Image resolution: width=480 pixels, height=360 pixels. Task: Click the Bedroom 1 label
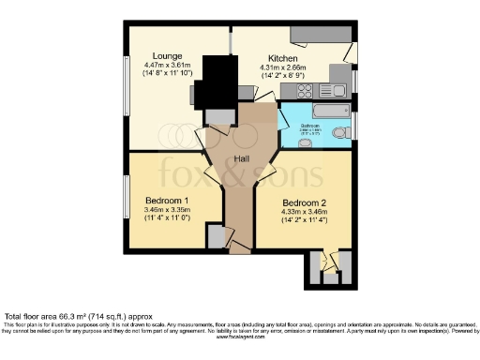[168, 201]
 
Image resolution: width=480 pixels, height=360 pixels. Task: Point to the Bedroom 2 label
[305, 202]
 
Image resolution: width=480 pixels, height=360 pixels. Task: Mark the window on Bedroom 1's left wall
[127, 198]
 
